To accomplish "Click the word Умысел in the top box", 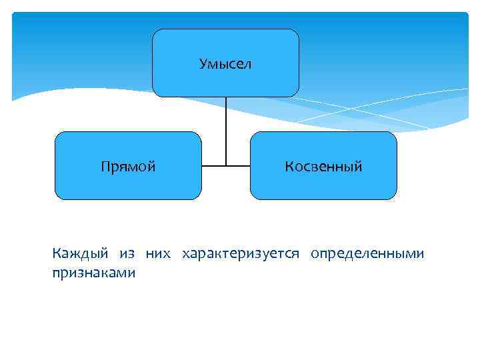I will point(225,64).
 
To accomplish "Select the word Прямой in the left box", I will point(128,167).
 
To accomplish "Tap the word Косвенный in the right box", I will point(323,167).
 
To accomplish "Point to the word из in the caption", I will point(127,254).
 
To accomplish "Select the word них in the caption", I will point(159,254).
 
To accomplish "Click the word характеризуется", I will point(241,254).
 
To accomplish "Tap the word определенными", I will point(366,254).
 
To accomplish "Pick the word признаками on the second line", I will point(93,273).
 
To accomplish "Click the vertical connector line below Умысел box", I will point(226,127).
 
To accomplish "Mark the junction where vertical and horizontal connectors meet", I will point(226,165).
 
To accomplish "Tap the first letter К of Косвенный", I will point(289,167).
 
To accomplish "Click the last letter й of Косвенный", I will point(359,167).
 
